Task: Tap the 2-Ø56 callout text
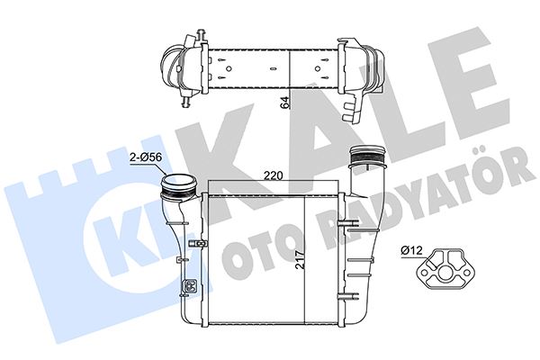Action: point(147,157)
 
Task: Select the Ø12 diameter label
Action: point(412,249)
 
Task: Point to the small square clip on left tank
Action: point(189,288)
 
